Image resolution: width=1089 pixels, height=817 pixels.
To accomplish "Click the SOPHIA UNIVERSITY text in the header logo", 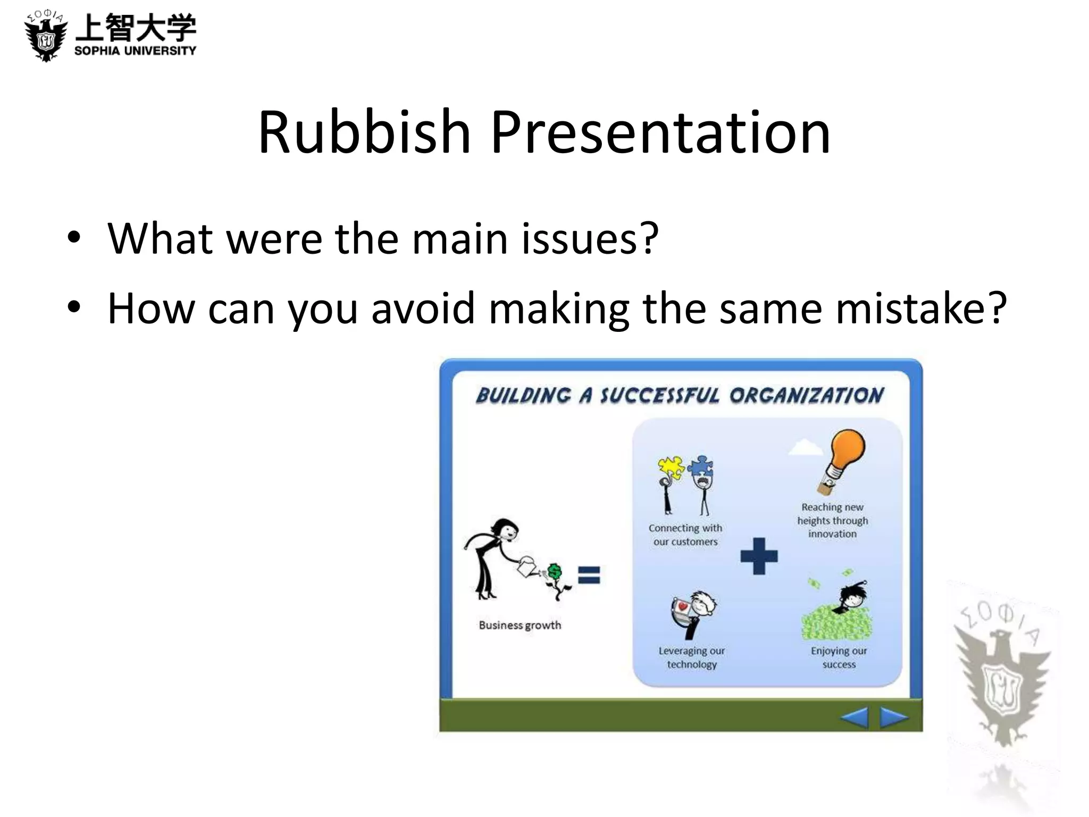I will pyautogui.click(x=135, y=51).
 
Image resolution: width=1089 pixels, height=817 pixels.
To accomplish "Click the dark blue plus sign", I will pyautogui.click(x=759, y=556).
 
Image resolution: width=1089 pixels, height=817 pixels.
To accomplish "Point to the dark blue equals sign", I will pyautogui.click(x=589, y=575).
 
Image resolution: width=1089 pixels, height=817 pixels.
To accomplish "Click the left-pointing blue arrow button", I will pyautogui.click(x=854, y=717).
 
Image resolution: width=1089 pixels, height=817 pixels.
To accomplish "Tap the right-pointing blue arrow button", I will pyautogui.click(x=894, y=717).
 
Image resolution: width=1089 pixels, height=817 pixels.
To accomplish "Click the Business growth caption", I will pyautogui.click(x=520, y=625).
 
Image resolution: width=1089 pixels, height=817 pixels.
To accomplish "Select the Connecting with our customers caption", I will pyautogui.click(x=685, y=535).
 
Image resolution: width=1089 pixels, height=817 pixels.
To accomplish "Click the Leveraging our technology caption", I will pyautogui.click(x=692, y=657).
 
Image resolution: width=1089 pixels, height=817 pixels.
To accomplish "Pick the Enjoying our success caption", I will pyautogui.click(x=839, y=657).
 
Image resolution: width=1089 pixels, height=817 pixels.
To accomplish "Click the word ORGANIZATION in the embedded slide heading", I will pyautogui.click(x=806, y=396).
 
